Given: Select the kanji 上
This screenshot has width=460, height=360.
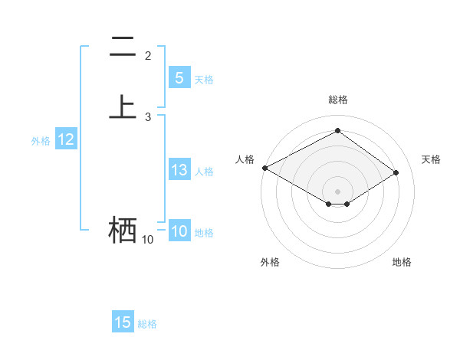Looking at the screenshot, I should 123,106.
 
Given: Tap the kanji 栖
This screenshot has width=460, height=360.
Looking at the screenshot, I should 123,230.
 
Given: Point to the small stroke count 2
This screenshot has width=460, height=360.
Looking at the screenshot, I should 148,55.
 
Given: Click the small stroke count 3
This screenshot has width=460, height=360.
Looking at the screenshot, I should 148,116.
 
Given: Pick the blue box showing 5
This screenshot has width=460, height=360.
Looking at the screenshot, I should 179,78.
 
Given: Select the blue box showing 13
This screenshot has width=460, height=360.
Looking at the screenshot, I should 179,170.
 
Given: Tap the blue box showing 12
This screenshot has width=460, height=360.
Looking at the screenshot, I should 66,139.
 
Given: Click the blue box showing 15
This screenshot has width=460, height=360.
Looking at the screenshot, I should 123,322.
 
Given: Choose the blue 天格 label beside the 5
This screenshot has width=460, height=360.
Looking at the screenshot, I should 204,80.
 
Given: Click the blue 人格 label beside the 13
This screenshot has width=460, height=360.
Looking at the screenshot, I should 204,172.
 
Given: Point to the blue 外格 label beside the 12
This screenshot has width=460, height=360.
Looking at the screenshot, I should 41,141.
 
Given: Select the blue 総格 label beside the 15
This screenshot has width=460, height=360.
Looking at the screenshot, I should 147,324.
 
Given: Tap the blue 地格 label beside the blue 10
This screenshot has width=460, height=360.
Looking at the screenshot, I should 204,233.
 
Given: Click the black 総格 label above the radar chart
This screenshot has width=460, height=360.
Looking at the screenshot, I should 338,100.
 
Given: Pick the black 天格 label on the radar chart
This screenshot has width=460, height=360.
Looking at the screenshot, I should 431,159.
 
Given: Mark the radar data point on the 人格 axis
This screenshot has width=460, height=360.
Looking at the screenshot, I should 264,167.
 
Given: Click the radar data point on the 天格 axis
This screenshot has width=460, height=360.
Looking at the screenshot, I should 396,173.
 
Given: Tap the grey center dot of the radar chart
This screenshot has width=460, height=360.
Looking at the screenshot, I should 337,191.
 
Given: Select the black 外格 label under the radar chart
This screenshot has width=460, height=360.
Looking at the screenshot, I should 270,262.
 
